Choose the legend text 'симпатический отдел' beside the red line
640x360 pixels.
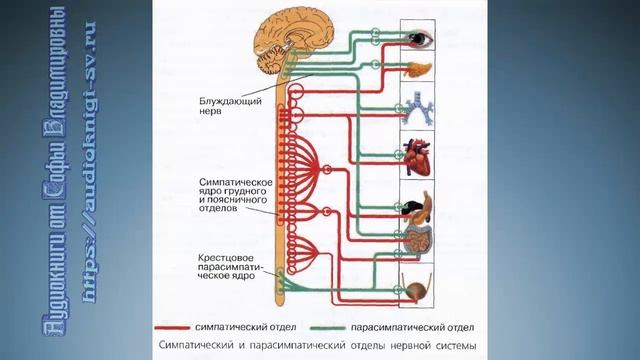(252, 327)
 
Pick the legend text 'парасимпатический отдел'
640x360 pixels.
(403, 327)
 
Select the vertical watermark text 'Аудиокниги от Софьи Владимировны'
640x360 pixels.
(57, 180)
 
